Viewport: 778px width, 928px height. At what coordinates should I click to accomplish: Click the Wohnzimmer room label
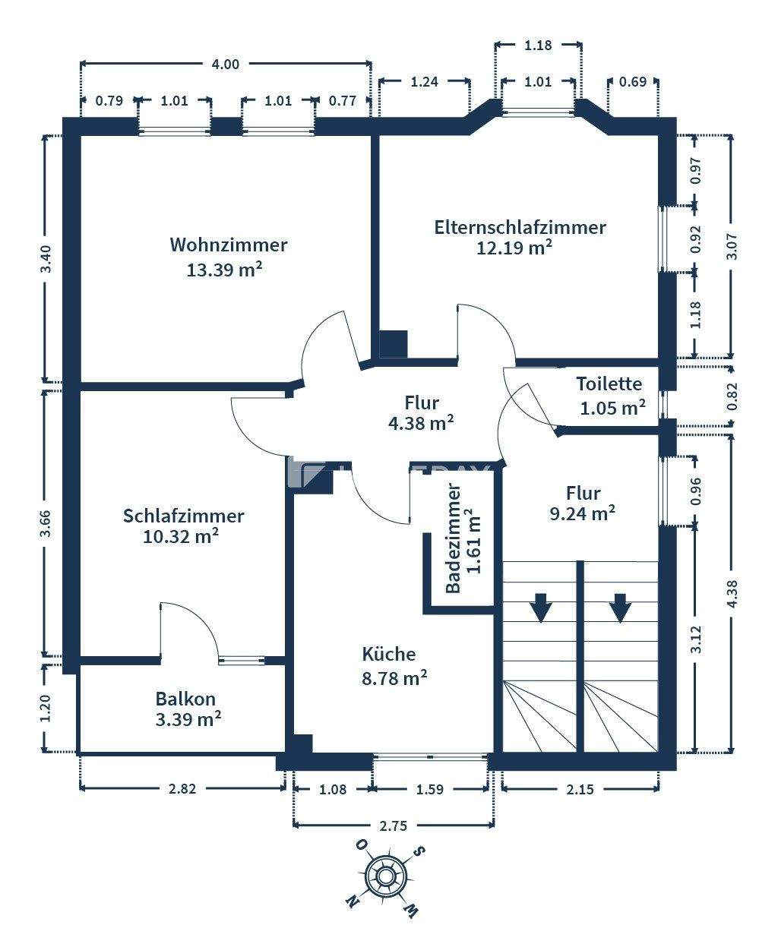pyautogui.click(x=229, y=245)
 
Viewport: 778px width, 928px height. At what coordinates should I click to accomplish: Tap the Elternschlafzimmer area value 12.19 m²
pyautogui.click(x=514, y=247)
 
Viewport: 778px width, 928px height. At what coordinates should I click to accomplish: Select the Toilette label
pyautogui.click(x=609, y=384)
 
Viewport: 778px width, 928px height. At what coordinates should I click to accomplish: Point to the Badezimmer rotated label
pyautogui.click(x=453, y=538)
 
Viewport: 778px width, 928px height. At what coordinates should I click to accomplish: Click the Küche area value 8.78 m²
pyautogui.click(x=394, y=679)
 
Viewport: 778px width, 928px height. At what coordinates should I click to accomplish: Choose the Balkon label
pyautogui.click(x=185, y=699)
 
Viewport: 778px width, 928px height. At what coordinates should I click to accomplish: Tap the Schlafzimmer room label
pyautogui.click(x=183, y=516)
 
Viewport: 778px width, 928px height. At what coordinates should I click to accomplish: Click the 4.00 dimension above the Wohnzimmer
pyautogui.click(x=226, y=65)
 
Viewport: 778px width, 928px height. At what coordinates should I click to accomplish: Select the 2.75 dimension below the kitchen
pyautogui.click(x=394, y=825)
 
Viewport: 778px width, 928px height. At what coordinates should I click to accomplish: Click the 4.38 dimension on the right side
pyautogui.click(x=732, y=593)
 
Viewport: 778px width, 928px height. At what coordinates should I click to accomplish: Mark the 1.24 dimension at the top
pyautogui.click(x=424, y=82)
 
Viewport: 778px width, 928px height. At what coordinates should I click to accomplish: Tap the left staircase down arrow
pyautogui.click(x=540, y=608)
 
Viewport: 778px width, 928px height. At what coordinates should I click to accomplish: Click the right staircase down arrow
pyautogui.click(x=620, y=608)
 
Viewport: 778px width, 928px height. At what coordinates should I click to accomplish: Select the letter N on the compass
pyautogui.click(x=353, y=900)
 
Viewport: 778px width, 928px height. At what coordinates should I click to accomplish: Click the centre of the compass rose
pyautogui.click(x=384, y=876)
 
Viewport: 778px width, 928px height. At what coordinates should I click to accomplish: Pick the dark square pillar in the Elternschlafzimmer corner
pyautogui.click(x=393, y=343)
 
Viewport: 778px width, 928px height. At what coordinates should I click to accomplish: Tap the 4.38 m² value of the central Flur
pyautogui.click(x=421, y=423)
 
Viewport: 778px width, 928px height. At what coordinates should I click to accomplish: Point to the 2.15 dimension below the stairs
pyautogui.click(x=580, y=789)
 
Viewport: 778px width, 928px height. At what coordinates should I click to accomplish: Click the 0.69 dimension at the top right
pyautogui.click(x=633, y=82)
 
